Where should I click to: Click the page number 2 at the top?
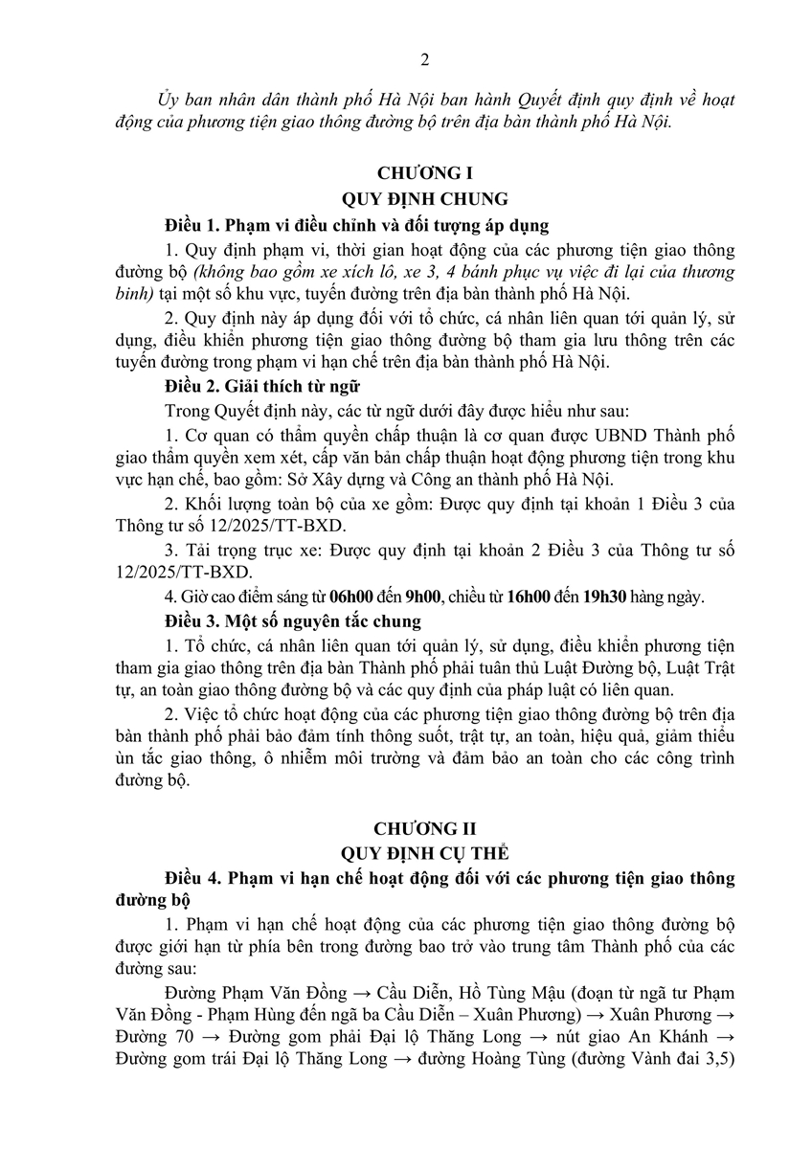[424, 59]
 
